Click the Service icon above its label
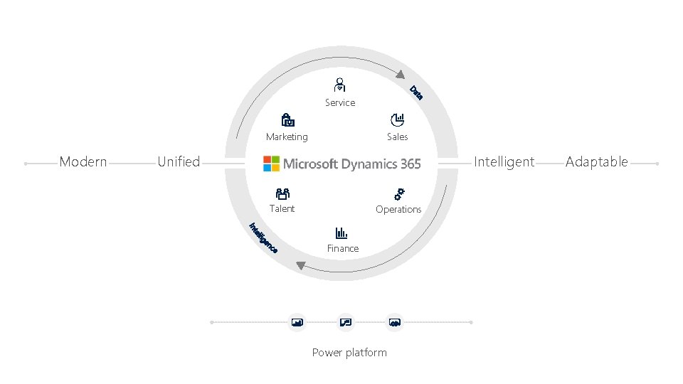340,84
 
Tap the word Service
340,103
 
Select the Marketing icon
287,119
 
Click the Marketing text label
287,137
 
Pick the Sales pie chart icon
398,119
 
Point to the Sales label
398,137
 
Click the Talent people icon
282,193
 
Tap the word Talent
282,208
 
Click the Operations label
398,209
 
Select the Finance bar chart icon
341,233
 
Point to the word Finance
343,248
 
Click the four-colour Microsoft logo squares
271,164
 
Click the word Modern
83,162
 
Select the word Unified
179,162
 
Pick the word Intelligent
504,162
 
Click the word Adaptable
597,162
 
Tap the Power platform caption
349,353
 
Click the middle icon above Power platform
346,322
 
